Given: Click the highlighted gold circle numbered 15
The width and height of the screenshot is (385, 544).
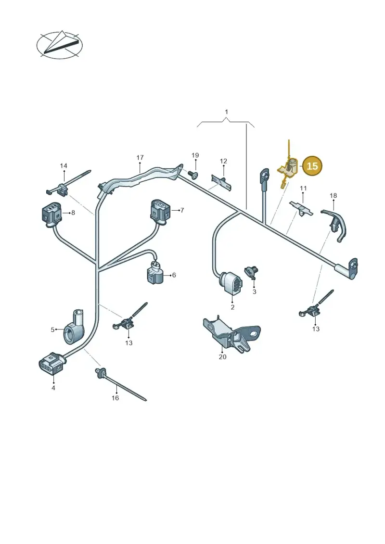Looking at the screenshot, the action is pos(312,166).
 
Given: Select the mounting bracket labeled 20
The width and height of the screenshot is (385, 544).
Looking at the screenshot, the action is pos(231,335).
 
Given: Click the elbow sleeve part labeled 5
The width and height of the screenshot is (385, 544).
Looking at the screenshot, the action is pos(74,327).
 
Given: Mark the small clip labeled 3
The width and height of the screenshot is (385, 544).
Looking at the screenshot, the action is pos(252,272).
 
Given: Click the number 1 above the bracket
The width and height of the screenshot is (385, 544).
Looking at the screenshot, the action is pos(226,112).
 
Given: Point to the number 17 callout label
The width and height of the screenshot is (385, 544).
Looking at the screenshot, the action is pos(140,157).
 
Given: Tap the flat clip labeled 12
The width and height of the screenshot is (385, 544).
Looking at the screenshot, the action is pos(221,182).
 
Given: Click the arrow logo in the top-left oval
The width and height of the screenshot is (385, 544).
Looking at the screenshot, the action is pos(60,44).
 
